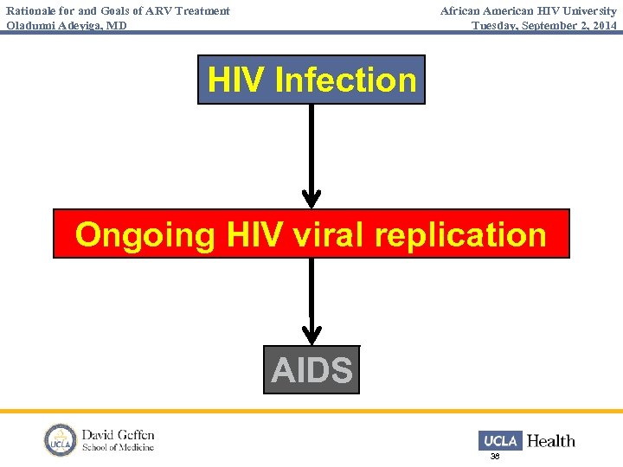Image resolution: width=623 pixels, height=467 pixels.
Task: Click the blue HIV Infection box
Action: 311,80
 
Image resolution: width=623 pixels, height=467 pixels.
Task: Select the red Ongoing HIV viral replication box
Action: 311,233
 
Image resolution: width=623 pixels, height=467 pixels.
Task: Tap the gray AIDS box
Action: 311,370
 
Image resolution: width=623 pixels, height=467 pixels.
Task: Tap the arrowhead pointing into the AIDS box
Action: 311,336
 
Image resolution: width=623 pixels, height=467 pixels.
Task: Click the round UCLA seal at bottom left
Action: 61,440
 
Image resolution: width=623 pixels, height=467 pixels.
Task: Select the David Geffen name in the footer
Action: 118,434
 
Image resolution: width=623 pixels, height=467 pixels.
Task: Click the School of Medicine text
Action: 118,447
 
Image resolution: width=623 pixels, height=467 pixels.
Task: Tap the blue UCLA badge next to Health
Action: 500,440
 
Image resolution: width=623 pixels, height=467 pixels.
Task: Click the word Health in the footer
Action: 551,441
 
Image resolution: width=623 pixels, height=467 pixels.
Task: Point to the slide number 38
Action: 495,456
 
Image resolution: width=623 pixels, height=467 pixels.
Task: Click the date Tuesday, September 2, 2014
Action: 544,25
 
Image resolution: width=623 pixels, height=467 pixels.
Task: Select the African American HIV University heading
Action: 528,11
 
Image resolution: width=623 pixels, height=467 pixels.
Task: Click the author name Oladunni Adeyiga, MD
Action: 67,25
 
